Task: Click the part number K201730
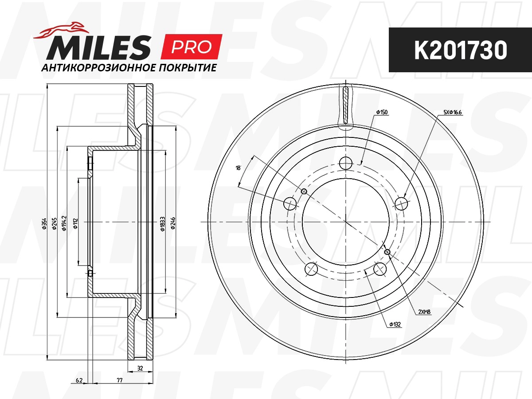(x=460, y=51)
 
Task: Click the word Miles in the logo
(x=98, y=47)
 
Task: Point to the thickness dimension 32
(x=140, y=368)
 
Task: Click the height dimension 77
(x=120, y=380)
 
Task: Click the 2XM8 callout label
(x=424, y=312)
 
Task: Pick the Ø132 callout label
(x=395, y=325)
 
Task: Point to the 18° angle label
(x=239, y=168)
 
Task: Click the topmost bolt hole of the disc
(x=346, y=164)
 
